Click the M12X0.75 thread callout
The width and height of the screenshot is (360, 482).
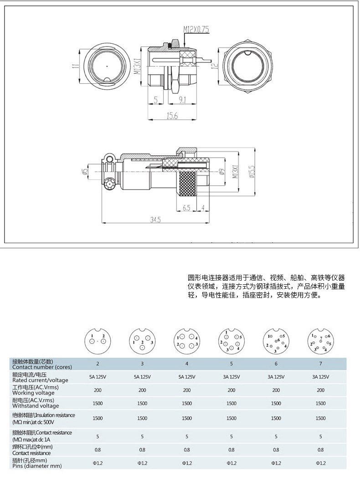(x=196, y=30)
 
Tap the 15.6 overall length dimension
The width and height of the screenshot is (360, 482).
(x=171, y=116)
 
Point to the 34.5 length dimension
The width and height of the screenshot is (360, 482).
(x=155, y=220)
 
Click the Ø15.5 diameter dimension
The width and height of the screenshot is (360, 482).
(x=252, y=172)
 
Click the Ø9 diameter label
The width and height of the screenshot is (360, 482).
(x=221, y=172)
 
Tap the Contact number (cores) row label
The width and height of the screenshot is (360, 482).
(x=39, y=364)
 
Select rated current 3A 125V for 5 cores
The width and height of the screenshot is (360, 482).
(x=231, y=377)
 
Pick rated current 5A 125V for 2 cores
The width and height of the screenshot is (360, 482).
(x=98, y=377)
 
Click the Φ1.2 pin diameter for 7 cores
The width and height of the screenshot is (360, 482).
(x=320, y=463)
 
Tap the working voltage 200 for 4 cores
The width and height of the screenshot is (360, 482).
(x=187, y=390)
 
